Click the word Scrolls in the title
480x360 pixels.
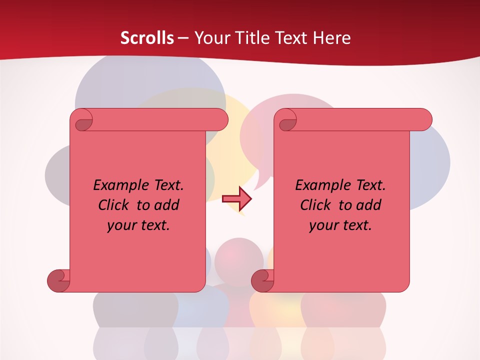147,38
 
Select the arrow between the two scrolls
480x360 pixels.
236,198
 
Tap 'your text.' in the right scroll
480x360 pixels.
340,225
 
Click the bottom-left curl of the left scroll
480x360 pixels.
58,280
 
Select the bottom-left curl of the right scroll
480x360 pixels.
262,280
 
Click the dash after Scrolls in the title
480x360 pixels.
183,38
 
